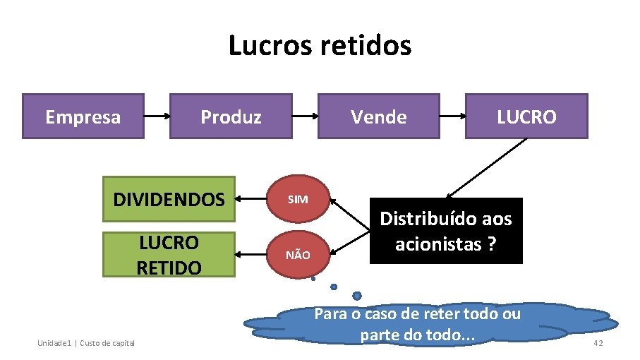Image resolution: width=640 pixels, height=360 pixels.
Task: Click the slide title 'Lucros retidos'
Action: pyautogui.click(x=320, y=46)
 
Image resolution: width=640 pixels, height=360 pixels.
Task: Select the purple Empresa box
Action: pyautogui.click(x=83, y=116)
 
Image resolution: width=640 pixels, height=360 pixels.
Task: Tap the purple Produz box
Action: pyautogui.click(x=231, y=116)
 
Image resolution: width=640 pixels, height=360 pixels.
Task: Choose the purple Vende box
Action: pyautogui.click(x=379, y=116)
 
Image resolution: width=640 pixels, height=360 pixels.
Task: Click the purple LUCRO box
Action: pyautogui.click(x=526, y=116)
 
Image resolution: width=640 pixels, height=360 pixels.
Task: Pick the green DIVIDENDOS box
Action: pyautogui.click(x=169, y=199)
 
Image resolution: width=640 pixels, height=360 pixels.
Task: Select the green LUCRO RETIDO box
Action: pyautogui.click(x=169, y=255)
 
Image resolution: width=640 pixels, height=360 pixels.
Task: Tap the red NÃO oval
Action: pyautogui.click(x=298, y=255)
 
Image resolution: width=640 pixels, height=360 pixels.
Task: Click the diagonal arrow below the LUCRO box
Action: pyautogui.click(x=487, y=168)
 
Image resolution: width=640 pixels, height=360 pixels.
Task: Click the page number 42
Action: pyautogui.click(x=598, y=343)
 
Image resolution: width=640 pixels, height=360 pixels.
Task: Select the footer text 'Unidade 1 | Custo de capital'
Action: pyautogui.click(x=86, y=343)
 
